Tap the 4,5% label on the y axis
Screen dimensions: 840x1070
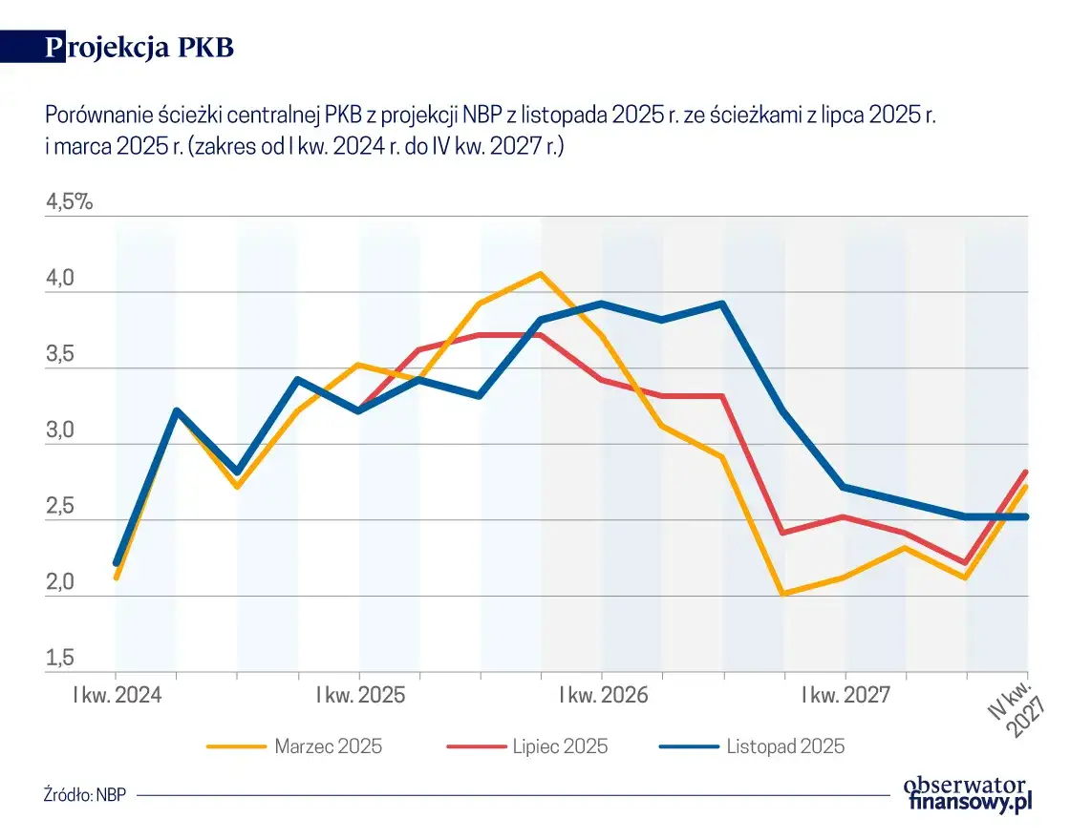tap(69, 202)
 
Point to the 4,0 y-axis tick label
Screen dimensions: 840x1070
tap(61, 279)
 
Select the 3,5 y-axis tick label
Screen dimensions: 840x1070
tap(61, 355)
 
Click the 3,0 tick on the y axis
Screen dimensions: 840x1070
tap(61, 430)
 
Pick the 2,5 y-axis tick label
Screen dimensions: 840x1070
tap(61, 507)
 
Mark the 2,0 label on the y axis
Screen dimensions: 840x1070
tap(61, 582)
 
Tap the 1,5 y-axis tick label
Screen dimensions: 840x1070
tap(61, 659)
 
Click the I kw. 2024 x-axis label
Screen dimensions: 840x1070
tap(118, 694)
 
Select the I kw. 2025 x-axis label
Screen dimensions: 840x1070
tap(360, 694)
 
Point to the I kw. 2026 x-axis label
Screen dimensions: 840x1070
tap(603, 694)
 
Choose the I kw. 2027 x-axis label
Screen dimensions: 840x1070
tap(845, 694)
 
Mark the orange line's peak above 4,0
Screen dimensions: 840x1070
tap(541, 274)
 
